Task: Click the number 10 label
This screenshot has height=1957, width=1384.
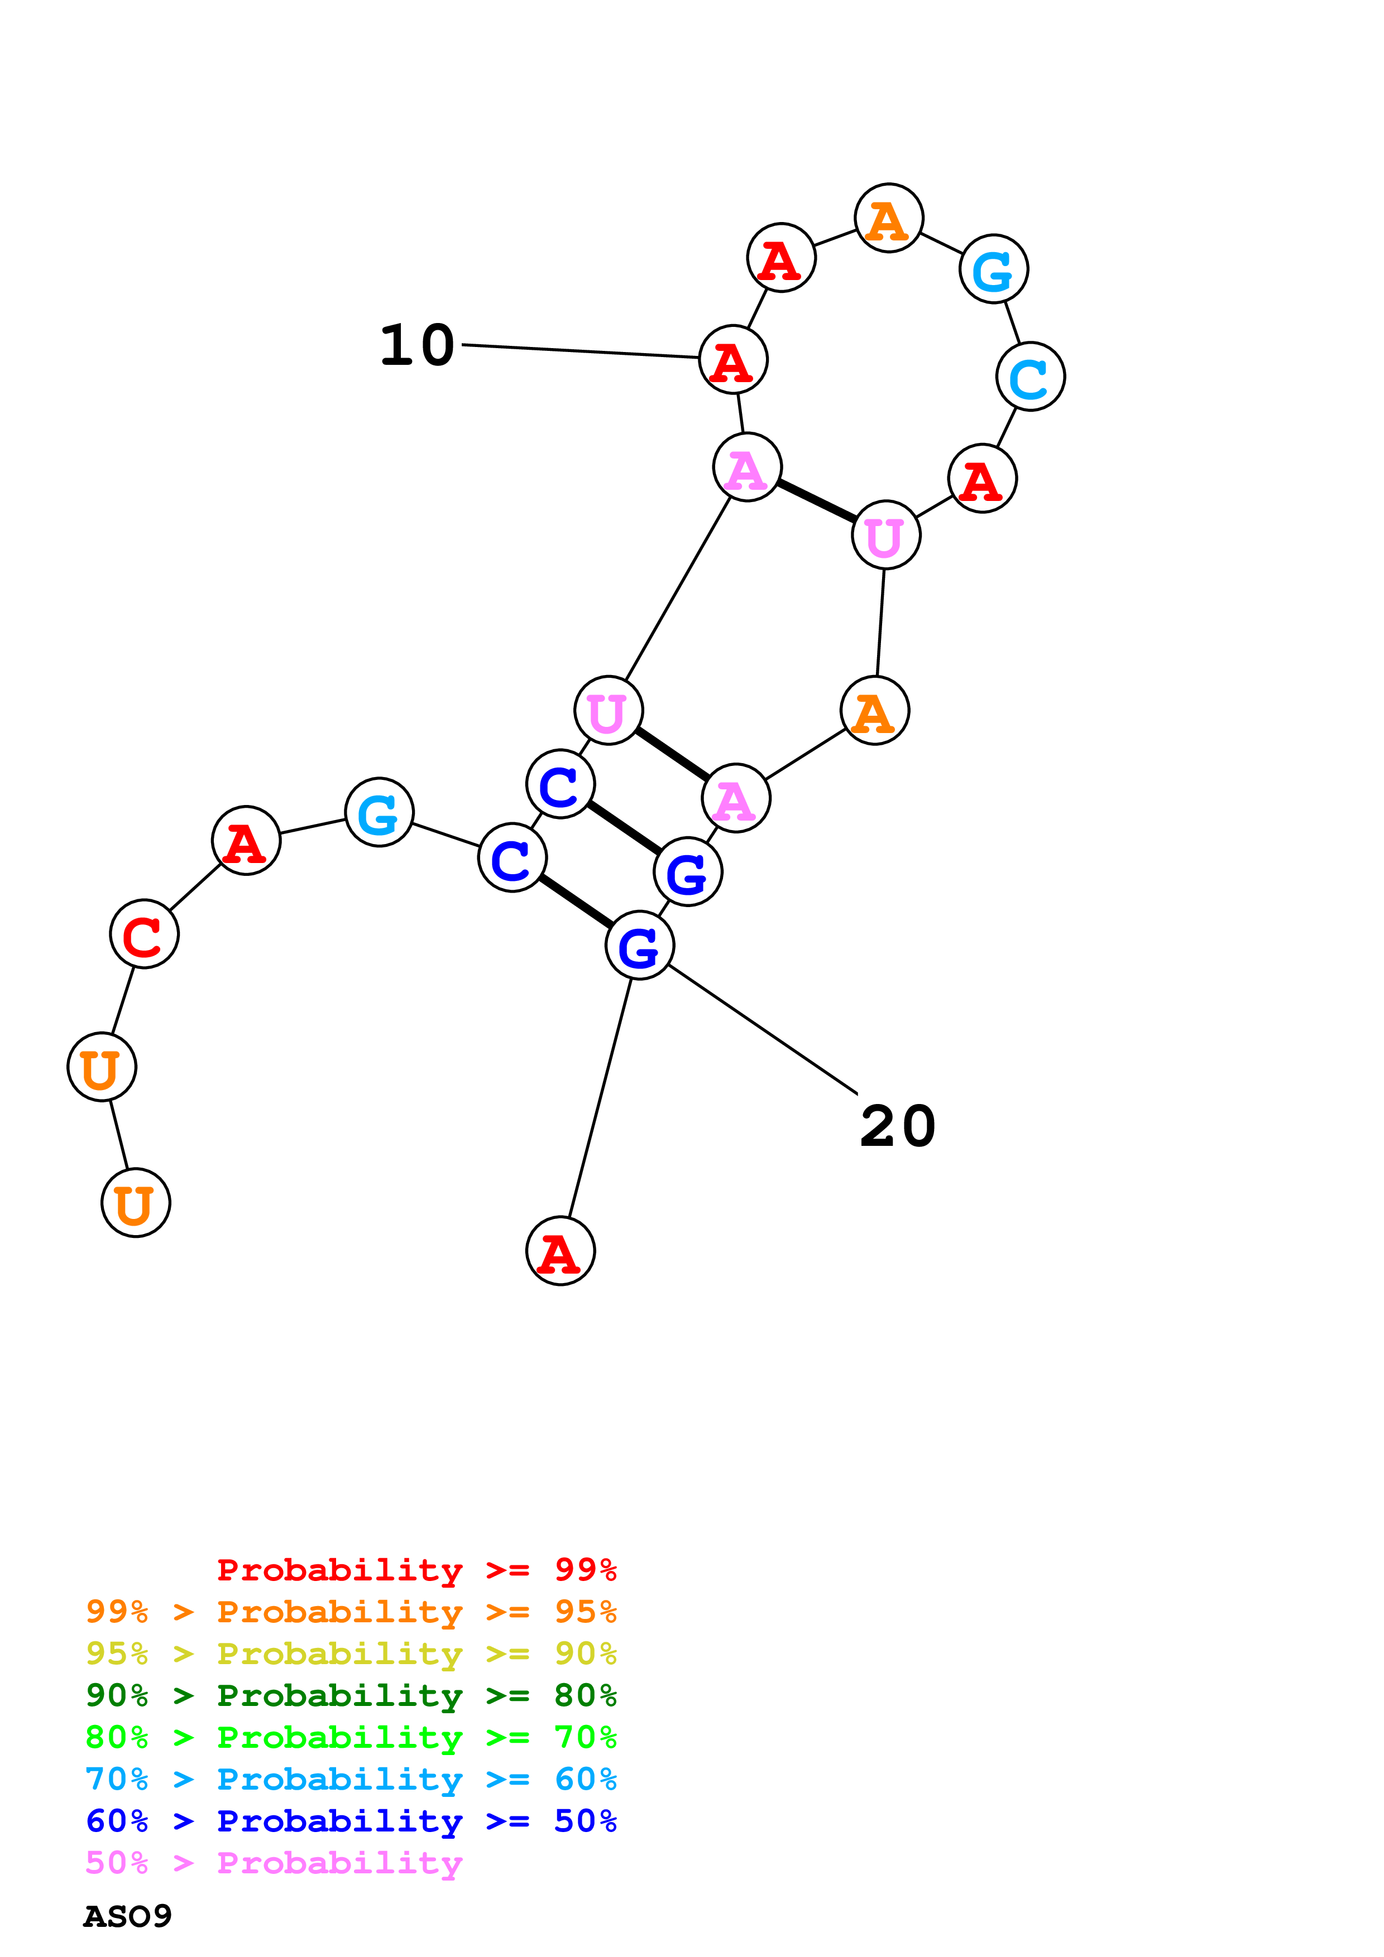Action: [417, 345]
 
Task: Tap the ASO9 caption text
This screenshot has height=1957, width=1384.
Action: [127, 1916]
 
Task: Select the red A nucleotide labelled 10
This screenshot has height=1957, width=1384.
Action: [732, 360]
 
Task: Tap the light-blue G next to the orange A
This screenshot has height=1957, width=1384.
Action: [993, 269]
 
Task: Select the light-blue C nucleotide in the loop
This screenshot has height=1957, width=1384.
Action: [1030, 377]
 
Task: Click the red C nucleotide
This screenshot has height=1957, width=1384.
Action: [144, 934]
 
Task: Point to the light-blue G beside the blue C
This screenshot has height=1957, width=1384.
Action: [380, 812]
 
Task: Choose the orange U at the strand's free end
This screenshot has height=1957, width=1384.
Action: [136, 1203]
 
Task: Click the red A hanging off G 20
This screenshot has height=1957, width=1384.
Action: [561, 1251]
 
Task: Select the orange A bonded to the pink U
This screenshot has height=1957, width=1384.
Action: [874, 711]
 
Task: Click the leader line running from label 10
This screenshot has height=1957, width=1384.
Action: [580, 351]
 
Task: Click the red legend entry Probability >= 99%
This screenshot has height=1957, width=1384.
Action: [416, 1570]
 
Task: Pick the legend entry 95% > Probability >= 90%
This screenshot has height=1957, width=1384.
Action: [351, 1654]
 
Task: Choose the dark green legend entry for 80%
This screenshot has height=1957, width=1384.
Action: [351, 1695]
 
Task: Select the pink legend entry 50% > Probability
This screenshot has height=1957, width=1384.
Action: [274, 1863]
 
